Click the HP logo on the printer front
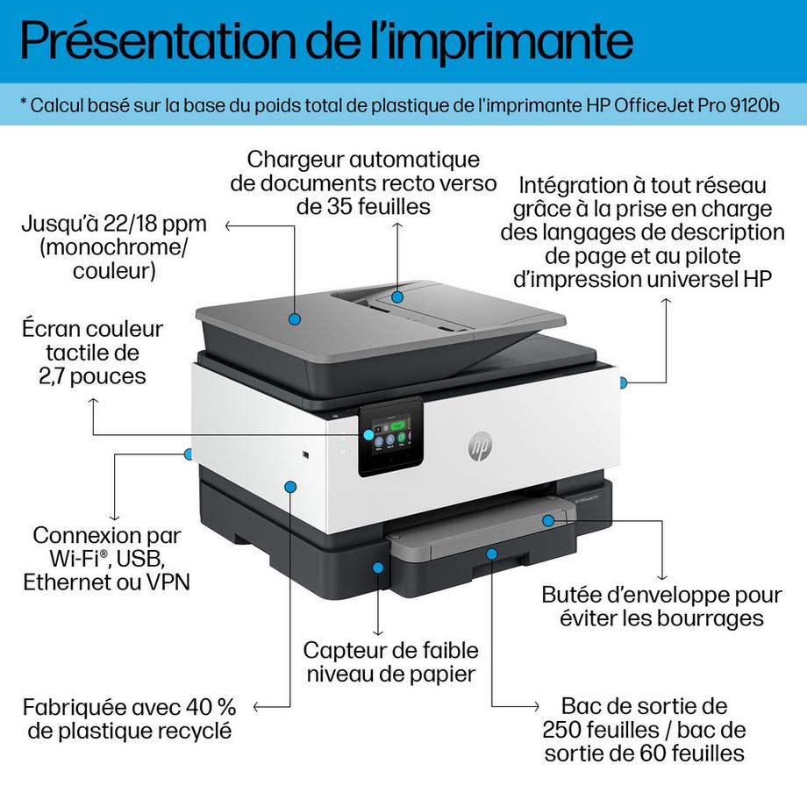pyautogui.click(x=479, y=447)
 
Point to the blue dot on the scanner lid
pyautogui.click(x=294, y=322)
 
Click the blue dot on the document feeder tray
pyautogui.click(x=397, y=297)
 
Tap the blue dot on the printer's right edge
pyautogui.click(x=622, y=382)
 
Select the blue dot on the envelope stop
pyautogui.click(x=548, y=520)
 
